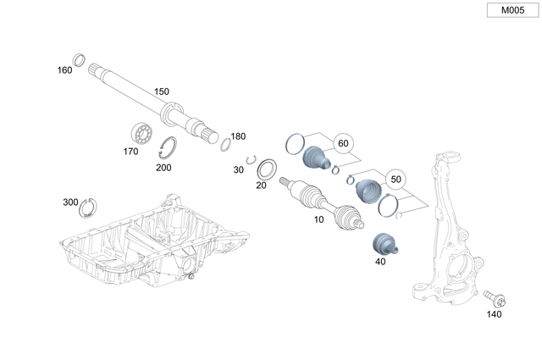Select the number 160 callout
[x=64, y=69]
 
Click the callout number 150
[x=161, y=91]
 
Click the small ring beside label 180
[x=225, y=143]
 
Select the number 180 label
[x=238, y=136]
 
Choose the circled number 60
[x=343, y=143]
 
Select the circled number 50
[x=394, y=178]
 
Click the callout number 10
[x=318, y=219]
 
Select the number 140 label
[x=494, y=314]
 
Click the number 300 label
[x=70, y=202]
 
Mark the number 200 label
[x=163, y=167]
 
